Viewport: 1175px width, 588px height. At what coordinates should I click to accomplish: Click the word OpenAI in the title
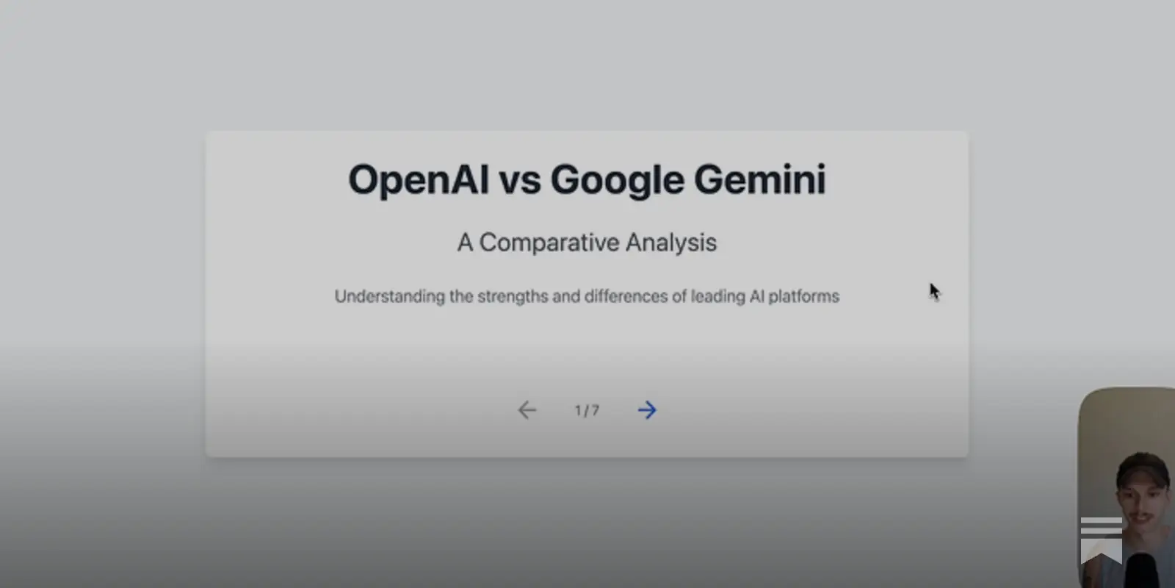pyautogui.click(x=418, y=180)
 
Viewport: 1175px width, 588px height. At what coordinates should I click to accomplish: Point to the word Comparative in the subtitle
pyautogui.click(x=549, y=243)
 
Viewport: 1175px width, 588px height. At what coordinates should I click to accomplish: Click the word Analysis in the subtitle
pyautogui.click(x=671, y=243)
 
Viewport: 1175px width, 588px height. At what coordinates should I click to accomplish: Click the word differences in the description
pyautogui.click(x=626, y=296)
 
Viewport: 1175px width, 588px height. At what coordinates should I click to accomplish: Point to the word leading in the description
pyautogui.click(x=717, y=296)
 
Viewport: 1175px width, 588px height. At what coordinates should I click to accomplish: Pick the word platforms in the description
pyautogui.click(x=803, y=296)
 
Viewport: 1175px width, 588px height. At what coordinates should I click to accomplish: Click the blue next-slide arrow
pyautogui.click(x=647, y=410)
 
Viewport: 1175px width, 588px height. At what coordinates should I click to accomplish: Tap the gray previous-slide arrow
pyautogui.click(x=527, y=410)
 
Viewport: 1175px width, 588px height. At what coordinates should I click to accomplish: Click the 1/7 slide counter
pyautogui.click(x=587, y=411)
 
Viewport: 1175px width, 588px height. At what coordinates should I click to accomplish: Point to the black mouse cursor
pyautogui.click(x=933, y=291)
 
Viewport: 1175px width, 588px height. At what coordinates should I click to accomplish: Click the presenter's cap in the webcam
pyautogui.click(x=1143, y=467)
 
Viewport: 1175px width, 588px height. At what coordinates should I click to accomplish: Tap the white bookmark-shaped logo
pyautogui.click(x=1101, y=540)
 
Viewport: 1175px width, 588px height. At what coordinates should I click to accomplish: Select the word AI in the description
pyautogui.click(x=757, y=296)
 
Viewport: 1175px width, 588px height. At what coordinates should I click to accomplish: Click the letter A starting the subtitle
pyautogui.click(x=465, y=243)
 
